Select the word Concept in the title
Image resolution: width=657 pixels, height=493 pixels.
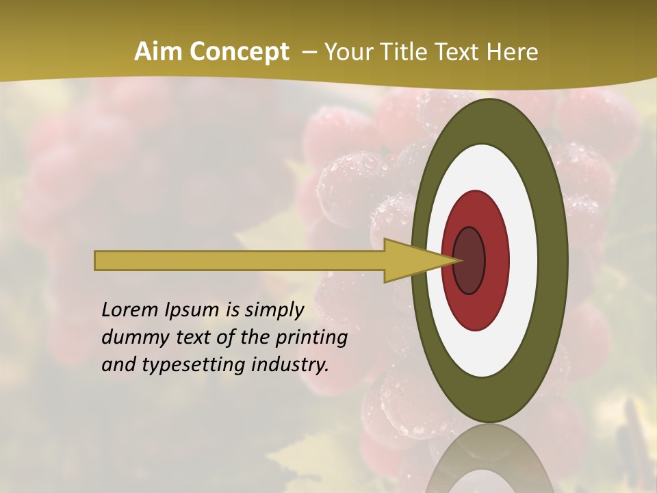coord(239,52)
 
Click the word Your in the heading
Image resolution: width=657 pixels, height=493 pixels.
coord(348,52)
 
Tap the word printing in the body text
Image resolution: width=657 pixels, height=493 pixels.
coord(311,338)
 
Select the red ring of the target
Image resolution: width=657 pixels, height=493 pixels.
coord(496,261)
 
